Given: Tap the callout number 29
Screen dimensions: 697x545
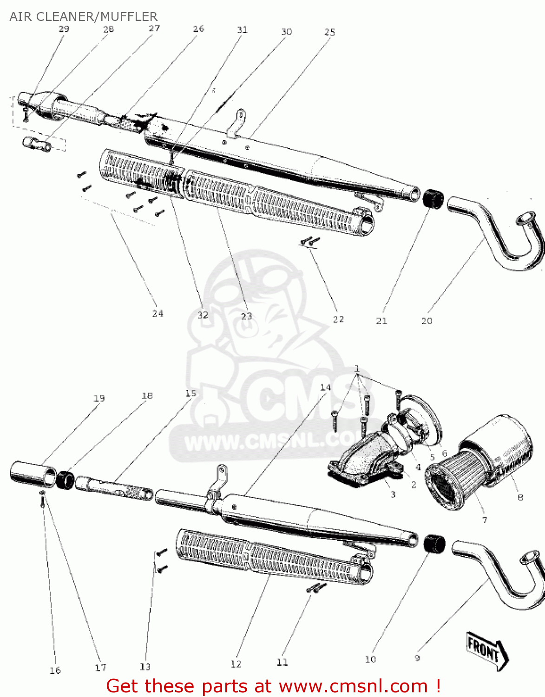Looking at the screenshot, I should coord(64,29).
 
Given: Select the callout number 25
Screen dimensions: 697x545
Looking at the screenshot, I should coord(329,32).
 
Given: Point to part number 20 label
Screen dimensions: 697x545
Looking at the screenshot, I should coord(426,321).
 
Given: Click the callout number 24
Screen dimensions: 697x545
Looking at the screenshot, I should coord(158,314).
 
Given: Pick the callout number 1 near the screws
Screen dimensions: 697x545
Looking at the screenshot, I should coord(357,369).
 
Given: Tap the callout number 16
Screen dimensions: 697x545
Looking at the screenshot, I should coord(55,670).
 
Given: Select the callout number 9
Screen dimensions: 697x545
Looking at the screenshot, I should coord(417,658).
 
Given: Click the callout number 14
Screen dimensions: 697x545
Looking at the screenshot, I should coord(325,387).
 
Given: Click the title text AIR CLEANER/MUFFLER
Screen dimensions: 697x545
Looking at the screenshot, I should coord(84,17).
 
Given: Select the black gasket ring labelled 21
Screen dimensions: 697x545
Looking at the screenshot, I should coord(433,199).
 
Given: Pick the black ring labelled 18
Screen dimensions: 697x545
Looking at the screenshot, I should coord(66,480).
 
